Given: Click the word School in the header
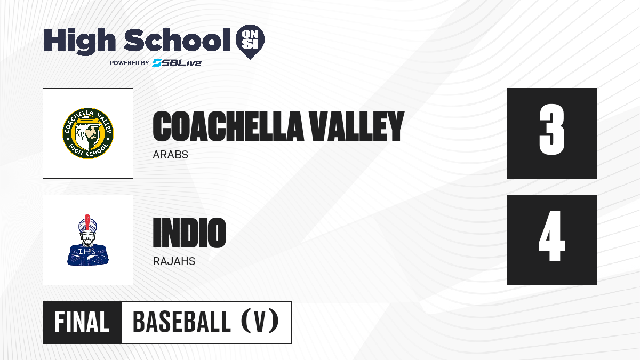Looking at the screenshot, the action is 177,39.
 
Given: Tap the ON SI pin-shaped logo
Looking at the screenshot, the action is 250,42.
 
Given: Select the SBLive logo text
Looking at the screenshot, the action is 177,63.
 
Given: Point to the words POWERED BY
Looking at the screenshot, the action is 130,63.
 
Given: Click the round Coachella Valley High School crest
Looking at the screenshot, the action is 88,133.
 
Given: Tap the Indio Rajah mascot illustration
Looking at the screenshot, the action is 87,240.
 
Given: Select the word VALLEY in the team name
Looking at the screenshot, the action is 357,126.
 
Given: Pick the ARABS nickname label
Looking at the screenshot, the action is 170,155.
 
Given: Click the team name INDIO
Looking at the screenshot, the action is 189,233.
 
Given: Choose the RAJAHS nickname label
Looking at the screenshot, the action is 174,261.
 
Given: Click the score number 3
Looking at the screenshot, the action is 551,130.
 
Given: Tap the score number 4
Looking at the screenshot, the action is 551,236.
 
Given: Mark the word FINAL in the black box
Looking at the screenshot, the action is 82,322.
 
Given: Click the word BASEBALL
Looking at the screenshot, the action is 182,322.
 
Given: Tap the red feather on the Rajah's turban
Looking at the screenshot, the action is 87,222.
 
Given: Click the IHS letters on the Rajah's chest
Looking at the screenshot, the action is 87,251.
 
